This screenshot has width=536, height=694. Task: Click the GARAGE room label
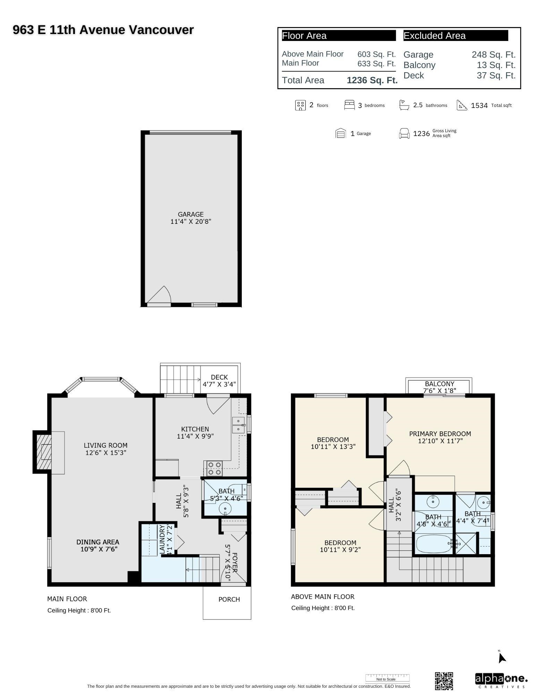click(190, 214)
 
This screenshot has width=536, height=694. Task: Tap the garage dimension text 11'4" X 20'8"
click(190, 221)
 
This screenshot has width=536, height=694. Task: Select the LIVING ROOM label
click(105, 445)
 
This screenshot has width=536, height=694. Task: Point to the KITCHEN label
click(195, 429)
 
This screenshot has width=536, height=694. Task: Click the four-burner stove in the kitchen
click(214, 468)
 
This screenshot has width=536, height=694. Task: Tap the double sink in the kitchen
click(238, 425)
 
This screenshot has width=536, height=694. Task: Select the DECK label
click(219, 377)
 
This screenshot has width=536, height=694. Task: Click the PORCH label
click(229, 599)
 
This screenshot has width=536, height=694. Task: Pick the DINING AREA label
click(97, 542)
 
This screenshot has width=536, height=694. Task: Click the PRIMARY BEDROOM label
click(440, 434)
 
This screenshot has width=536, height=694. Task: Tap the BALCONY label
click(439, 384)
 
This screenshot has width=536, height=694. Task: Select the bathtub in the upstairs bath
click(433, 544)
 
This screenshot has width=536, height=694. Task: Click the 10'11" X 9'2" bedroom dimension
click(340, 550)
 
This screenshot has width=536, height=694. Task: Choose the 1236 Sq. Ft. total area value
click(372, 80)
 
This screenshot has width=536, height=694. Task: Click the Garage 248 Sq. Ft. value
click(493, 55)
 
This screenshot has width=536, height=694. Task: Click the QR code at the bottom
click(444, 681)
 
